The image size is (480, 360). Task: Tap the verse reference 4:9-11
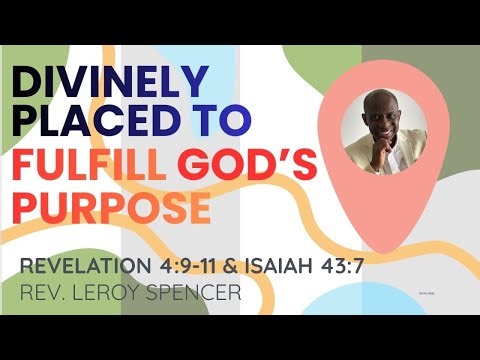(191, 268)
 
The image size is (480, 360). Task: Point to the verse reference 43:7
(335, 268)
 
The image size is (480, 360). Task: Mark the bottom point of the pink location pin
(381, 248)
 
